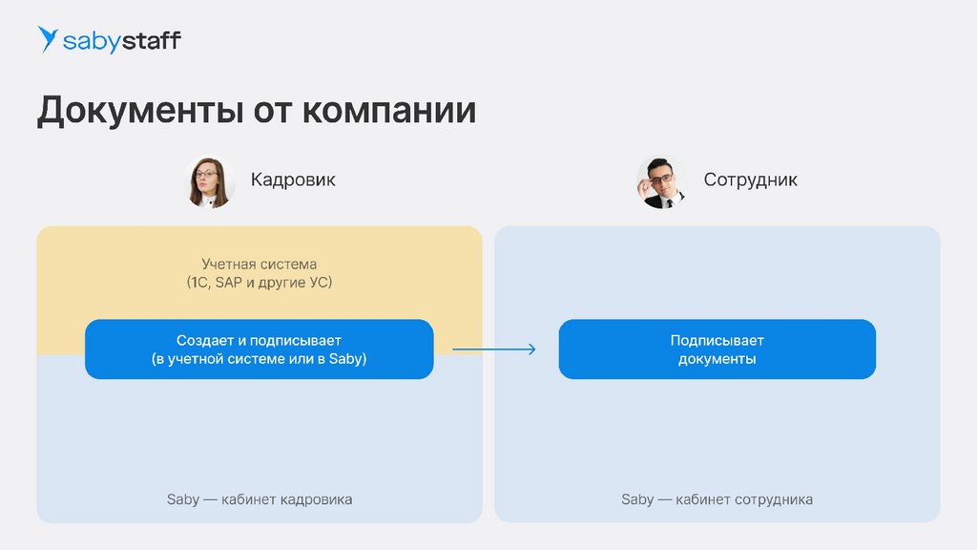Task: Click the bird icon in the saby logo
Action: [48, 39]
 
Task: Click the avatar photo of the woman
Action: [211, 181]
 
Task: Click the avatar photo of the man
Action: [661, 181]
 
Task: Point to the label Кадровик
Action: [293, 180]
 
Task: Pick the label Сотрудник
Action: [750, 180]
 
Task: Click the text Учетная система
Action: [259, 264]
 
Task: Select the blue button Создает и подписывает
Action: [259, 349]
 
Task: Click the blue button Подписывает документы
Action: [717, 349]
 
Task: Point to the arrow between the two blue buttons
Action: [493, 349]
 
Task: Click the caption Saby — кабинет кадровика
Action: [259, 499]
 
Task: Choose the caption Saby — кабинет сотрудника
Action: [717, 499]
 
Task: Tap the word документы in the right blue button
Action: [717, 360]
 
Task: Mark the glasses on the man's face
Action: [661, 177]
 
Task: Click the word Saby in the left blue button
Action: [347, 360]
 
